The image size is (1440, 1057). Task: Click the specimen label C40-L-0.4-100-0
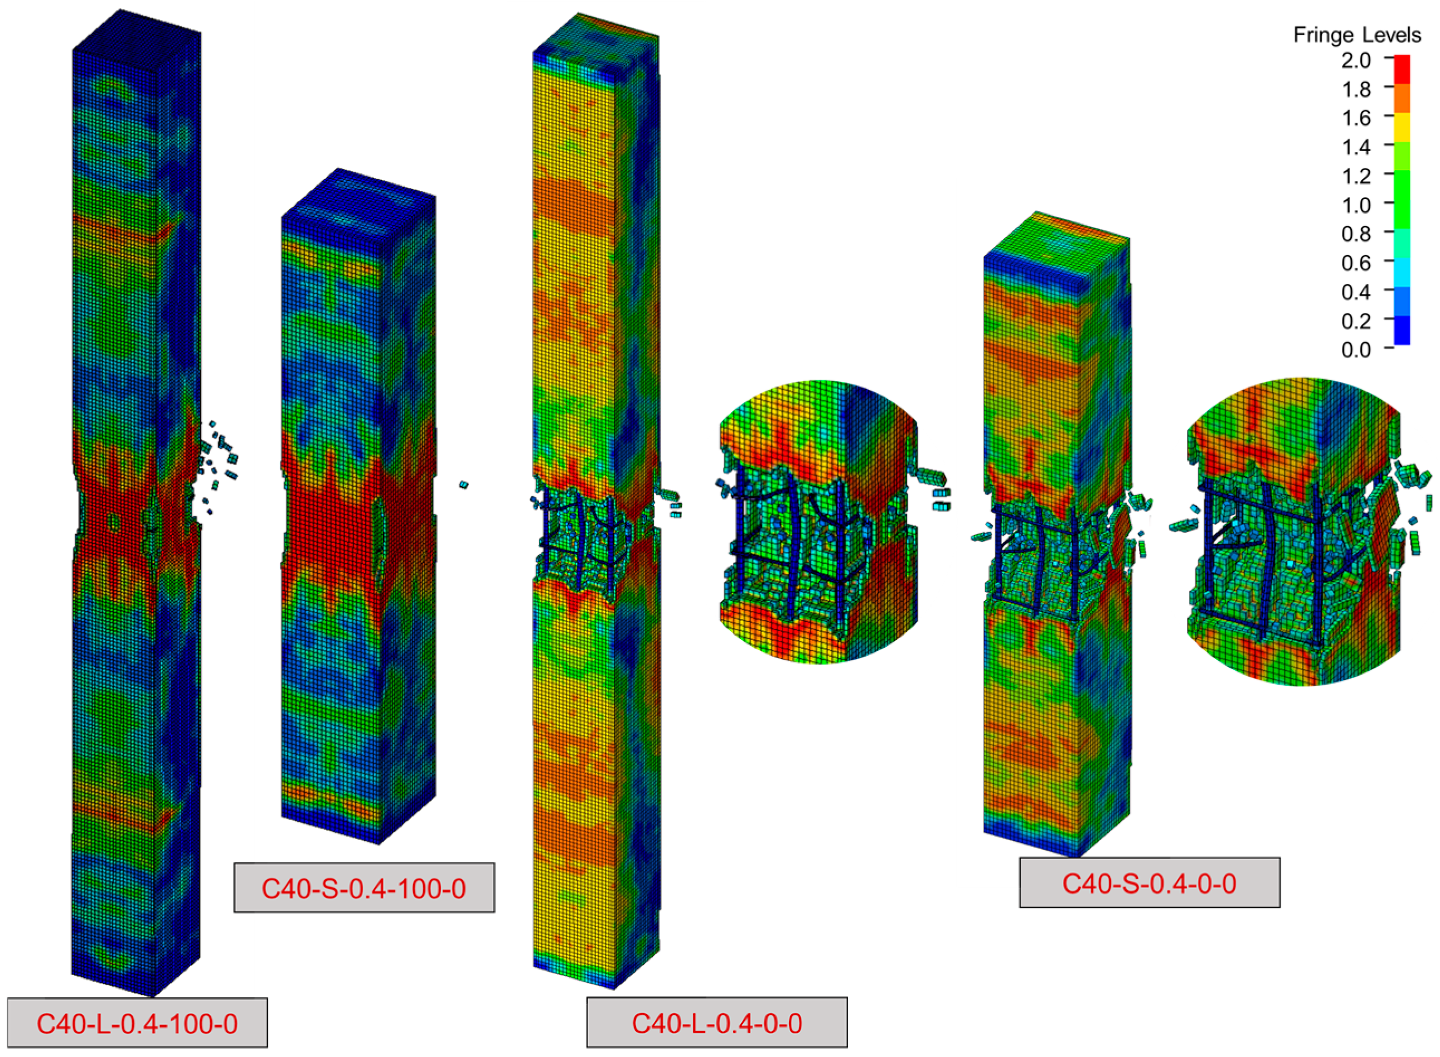point(137,1023)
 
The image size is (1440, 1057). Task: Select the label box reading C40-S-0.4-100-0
point(364,888)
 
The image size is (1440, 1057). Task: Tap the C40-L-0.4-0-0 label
point(716,1023)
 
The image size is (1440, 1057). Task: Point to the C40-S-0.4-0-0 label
point(1150,883)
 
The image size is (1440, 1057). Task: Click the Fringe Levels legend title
point(1357,35)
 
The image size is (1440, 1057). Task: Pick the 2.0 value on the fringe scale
point(1356,60)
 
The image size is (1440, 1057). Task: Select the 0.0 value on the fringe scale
point(1356,350)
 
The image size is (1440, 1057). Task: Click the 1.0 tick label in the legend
point(1356,205)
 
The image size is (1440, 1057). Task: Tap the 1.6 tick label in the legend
point(1356,118)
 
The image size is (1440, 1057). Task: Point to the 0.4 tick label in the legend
point(1356,292)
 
